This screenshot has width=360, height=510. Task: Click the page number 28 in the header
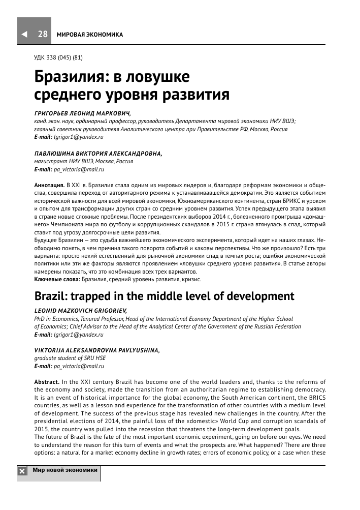coord(43,34)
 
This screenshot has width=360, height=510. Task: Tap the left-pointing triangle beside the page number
coord(24,35)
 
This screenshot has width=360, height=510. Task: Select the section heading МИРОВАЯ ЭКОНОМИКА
coord(89,35)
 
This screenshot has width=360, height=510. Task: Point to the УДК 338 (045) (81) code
coord(58,57)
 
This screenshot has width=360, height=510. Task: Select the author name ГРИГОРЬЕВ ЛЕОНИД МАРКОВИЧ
coord(82,114)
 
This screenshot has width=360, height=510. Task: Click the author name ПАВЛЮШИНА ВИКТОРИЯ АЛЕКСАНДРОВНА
coord(97,154)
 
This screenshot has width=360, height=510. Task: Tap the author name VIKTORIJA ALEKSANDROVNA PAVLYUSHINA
coord(96,350)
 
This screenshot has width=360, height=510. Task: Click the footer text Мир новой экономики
coord(64,470)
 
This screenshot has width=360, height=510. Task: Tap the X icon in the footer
coord(23,471)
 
